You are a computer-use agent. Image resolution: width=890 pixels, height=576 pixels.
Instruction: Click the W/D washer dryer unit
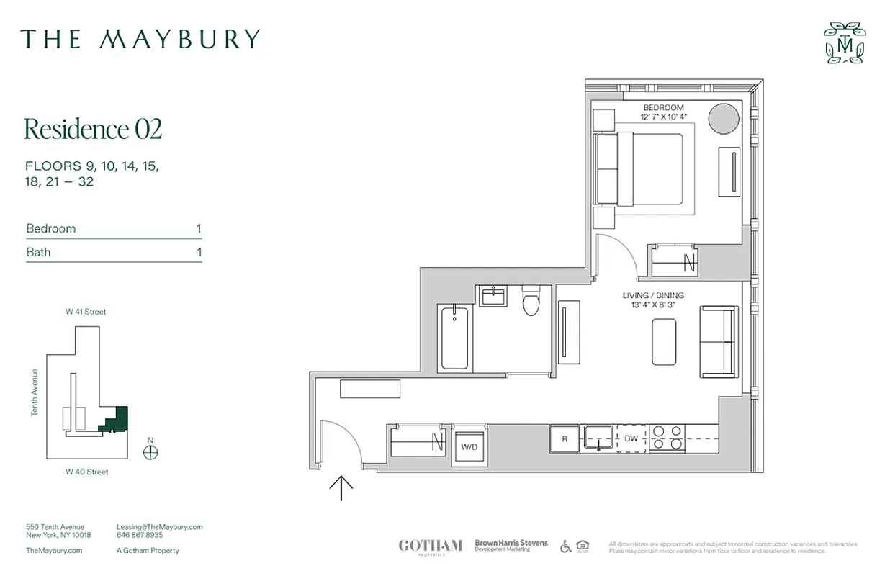469,446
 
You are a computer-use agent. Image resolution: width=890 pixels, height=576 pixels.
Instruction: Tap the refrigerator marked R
565,438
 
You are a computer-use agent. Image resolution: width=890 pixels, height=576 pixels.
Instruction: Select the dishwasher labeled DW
631,438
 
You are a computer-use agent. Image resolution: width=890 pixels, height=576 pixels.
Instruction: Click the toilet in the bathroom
531,302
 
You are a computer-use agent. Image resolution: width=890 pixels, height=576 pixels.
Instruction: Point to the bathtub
454,336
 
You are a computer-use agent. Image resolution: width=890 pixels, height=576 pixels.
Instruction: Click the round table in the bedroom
724,118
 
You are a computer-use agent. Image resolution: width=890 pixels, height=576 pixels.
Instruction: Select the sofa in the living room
719,341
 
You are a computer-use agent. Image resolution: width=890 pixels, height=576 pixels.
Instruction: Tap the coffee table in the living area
664,342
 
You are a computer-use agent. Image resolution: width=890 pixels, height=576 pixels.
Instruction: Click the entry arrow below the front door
341,487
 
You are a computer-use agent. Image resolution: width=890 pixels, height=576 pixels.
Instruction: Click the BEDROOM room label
663,108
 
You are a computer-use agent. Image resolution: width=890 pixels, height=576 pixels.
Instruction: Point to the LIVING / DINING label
653,296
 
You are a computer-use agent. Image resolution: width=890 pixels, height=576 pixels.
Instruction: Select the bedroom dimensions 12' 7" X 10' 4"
663,117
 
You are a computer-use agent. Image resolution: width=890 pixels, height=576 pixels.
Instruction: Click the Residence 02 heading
93,129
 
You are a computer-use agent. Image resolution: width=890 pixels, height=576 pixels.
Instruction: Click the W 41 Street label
86,312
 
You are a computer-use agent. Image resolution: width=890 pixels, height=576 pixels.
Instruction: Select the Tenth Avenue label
34,392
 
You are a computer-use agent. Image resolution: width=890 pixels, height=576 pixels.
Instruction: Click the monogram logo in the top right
845,43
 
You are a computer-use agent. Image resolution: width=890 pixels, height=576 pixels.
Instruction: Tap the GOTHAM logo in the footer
431,546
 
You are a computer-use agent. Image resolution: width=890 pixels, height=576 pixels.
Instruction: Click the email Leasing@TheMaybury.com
160,527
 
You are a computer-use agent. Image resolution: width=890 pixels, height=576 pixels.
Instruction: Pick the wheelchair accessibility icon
566,546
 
